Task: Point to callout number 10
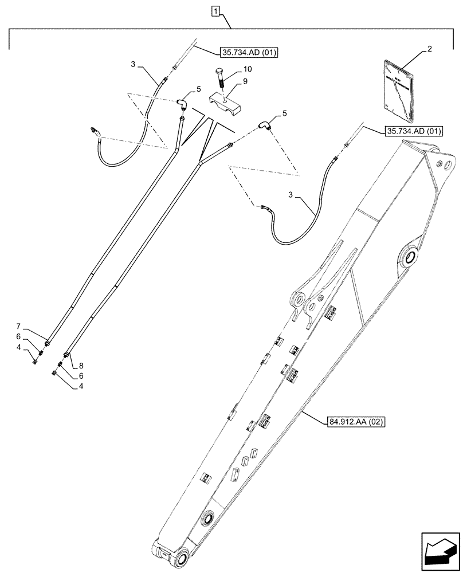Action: [x=246, y=69]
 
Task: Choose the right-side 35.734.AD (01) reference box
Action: [x=414, y=131]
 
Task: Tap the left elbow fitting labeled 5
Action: [x=182, y=104]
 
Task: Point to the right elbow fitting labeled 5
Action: [x=264, y=124]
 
